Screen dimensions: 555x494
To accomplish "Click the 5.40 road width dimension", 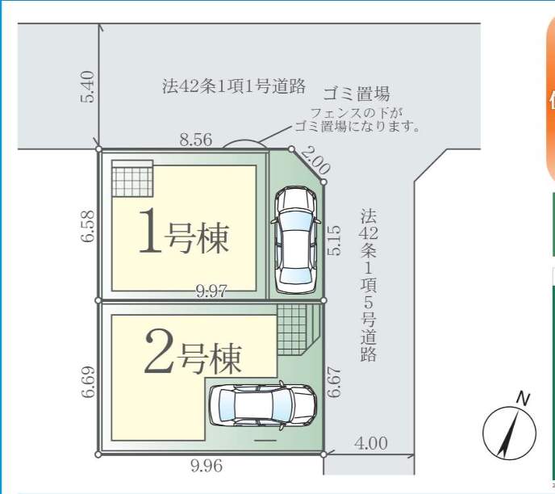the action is tap(87, 86).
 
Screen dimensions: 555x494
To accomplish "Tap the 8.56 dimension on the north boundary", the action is tap(196, 140).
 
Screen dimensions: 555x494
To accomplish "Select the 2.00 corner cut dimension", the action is tap(316, 161).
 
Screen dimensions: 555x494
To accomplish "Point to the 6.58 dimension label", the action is tap(88, 226).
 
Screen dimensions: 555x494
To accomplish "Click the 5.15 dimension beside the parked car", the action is tap(334, 241).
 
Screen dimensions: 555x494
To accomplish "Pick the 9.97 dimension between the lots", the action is tap(211, 291).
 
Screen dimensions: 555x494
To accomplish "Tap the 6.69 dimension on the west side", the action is tap(88, 382).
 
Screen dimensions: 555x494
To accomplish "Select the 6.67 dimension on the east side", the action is tap(334, 383).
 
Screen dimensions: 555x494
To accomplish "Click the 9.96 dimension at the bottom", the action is tap(207, 465).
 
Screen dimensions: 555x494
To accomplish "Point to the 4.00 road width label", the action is tap(370, 443).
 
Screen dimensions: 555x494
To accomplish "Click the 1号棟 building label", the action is tap(184, 231).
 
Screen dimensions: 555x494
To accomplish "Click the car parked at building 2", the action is tap(263, 405).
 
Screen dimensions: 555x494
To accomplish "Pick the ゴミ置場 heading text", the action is tap(357, 94).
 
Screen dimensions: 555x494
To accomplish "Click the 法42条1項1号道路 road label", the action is tap(234, 86).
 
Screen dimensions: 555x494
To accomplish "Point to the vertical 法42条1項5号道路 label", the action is tap(368, 285).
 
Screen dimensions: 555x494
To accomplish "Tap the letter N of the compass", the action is tap(523, 399).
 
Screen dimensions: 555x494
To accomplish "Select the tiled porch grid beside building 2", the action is tap(292, 330).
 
